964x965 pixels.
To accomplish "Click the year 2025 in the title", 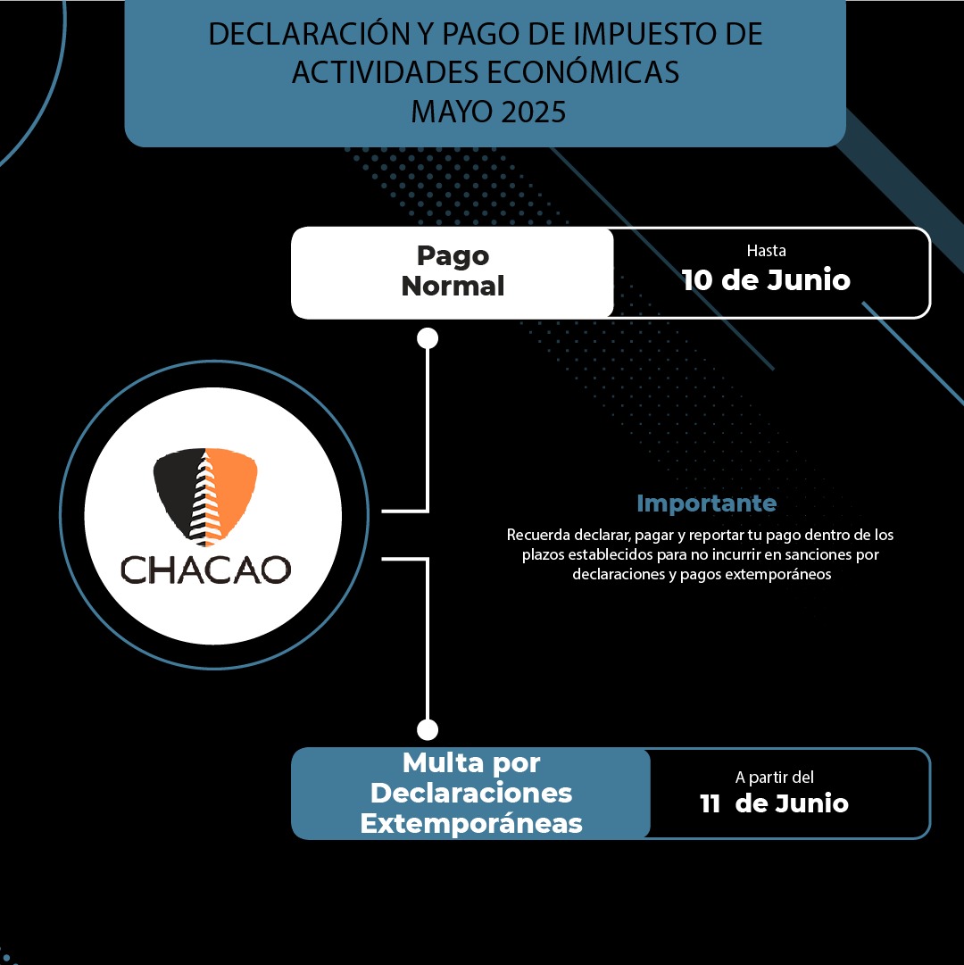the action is pos(534,112).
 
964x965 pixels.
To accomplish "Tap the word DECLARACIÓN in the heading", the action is pos(309,34).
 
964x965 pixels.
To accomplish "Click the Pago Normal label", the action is pos(453,271).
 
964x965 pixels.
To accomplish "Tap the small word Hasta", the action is pos(766,251).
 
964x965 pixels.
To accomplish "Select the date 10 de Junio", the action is pos(766,280).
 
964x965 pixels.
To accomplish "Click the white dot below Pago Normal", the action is pos(428,337).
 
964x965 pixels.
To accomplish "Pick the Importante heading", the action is pos(706,503).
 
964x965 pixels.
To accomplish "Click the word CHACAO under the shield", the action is pos(205,570).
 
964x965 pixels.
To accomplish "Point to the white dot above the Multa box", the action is pos(428,730).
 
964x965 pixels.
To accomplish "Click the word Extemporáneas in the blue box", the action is pos(471,823).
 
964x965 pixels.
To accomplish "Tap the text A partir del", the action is pos(775,778).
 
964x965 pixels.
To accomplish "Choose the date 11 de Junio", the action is pos(774,803).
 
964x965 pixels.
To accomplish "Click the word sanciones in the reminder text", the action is pos(802,554).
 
